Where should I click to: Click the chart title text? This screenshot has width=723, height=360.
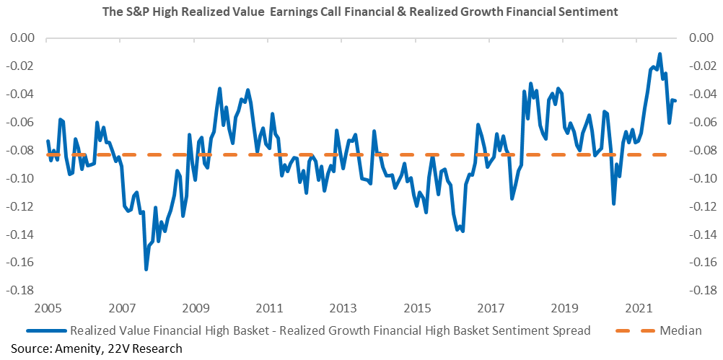tap(361, 12)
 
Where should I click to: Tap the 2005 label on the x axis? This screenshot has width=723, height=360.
tap(46, 307)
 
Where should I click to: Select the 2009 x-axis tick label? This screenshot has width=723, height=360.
tap(194, 307)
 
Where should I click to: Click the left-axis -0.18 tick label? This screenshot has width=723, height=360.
tap(19, 291)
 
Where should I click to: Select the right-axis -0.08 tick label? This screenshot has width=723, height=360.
tap(702, 150)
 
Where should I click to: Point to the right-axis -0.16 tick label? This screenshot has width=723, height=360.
tap(702, 263)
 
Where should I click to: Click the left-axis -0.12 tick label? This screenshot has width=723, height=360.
tap(19, 206)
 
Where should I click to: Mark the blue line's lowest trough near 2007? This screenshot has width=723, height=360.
tap(146, 269)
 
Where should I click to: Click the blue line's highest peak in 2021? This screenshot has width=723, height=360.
tap(660, 54)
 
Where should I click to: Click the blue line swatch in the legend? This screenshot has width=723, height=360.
tap(47, 330)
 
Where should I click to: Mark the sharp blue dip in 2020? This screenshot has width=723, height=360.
tap(614, 203)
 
